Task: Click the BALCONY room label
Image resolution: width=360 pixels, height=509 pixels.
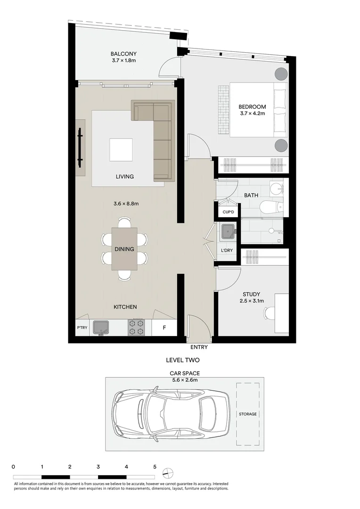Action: coord(124,54)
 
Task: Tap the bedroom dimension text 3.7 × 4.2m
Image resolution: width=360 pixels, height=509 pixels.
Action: coord(252,114)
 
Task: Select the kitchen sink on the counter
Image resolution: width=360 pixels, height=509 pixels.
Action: coord(101,326)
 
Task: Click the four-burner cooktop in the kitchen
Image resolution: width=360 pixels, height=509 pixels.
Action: coord(136,327)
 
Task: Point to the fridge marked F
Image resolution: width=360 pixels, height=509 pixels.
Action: coord(164,328)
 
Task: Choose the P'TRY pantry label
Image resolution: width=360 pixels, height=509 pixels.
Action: coord(82,328)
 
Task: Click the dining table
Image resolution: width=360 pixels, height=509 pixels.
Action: coord(124,249)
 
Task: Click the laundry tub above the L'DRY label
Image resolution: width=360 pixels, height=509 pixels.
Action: coord(229,232)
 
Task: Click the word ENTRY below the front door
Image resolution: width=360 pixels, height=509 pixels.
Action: coord(199,347)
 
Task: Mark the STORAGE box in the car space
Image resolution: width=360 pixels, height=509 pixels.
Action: coord(247,414)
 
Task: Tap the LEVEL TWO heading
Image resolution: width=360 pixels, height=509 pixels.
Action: coord(183,360)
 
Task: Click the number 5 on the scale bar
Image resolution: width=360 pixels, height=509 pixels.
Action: coord(155,467)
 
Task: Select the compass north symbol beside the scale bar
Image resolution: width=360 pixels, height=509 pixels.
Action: coord(168,473)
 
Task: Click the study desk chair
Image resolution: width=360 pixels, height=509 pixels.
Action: coord(269,312)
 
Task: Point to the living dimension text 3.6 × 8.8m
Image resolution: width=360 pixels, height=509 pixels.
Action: coord(125,204)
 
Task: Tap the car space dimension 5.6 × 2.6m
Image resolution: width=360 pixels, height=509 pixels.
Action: coord(184,380)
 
